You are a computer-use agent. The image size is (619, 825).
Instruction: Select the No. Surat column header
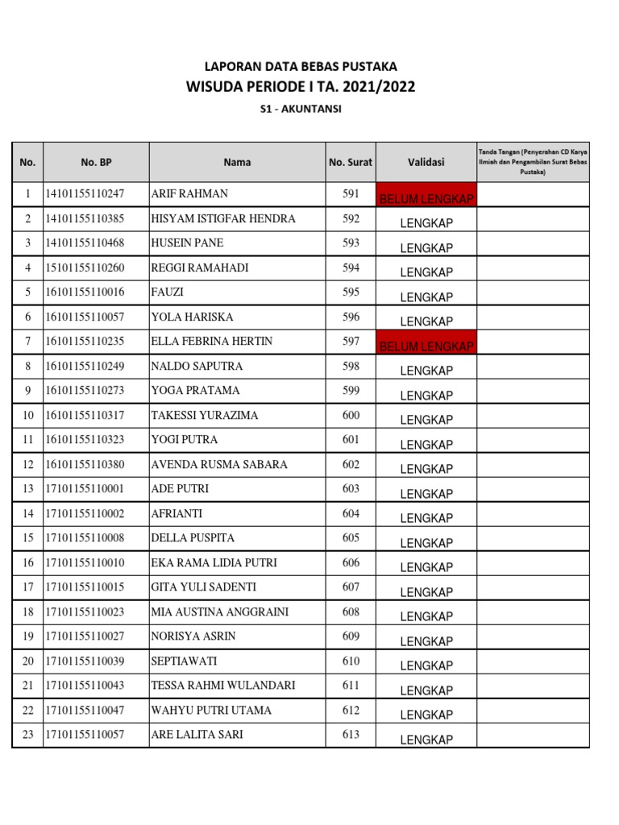point(351,162)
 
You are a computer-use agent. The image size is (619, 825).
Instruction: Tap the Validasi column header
point(426,162)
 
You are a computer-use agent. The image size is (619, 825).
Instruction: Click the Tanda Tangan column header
point(533,162)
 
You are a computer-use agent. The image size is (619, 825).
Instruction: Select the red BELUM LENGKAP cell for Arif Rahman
point(426,197)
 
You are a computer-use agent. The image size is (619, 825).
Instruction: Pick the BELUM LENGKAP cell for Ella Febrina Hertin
point(426,345)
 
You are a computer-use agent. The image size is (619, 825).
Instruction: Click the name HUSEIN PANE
point(188,243)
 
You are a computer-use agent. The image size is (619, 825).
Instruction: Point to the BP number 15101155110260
point(85,267)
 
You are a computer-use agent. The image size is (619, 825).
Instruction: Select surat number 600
point(351,416)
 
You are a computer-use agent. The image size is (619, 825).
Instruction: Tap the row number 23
point(27,735)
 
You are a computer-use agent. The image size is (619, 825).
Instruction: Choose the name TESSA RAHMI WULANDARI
point(223,686)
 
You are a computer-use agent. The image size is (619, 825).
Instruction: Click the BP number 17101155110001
point(85,489)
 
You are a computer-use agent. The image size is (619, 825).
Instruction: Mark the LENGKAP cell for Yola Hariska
point(426,321)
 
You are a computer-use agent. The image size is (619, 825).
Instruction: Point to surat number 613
point(351,735)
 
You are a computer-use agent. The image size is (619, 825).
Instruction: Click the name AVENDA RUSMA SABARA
point(219,465)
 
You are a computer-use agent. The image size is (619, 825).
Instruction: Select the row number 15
point(27,538)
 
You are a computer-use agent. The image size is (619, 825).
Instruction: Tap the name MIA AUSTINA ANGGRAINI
point(220,612)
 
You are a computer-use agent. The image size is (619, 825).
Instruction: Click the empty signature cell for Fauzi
point(533,292)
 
